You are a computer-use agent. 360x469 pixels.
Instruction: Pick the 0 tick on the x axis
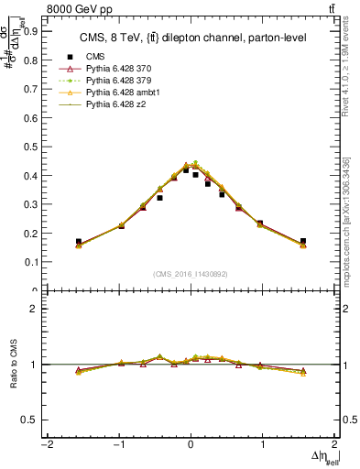point(191,446)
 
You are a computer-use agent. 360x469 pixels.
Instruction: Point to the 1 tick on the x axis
point(263,446)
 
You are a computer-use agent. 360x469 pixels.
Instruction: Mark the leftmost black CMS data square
point(79,242)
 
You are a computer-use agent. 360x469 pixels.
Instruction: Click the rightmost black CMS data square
point(303,242)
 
